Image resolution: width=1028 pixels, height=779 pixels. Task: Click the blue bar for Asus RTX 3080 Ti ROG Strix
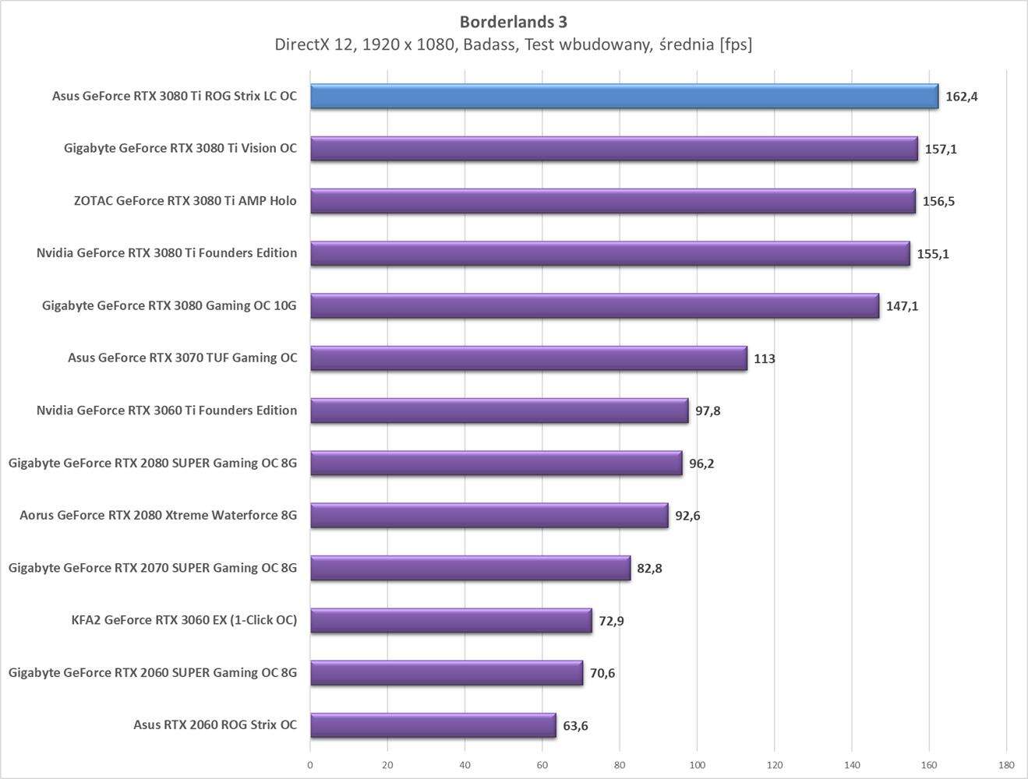[624, 97]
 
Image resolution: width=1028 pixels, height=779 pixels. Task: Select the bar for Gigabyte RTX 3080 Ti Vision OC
[613, 149]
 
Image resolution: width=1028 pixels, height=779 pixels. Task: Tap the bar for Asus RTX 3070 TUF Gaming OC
[528, 358]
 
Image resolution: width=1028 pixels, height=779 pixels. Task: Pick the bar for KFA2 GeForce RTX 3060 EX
[450, 620]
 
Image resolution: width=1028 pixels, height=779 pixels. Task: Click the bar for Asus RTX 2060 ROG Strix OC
[433, 725]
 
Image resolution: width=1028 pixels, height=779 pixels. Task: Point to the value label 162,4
[961, 97]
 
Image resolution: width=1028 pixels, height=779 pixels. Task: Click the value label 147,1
[902, 306]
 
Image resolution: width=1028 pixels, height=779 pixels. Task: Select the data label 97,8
[708, 411]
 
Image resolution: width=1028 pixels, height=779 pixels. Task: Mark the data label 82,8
[649, 568]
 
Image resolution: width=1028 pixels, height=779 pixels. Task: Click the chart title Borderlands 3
[514, 22]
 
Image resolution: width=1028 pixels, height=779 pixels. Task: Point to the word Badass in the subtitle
[489, 44]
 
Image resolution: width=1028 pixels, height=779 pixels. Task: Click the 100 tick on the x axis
[697, 765]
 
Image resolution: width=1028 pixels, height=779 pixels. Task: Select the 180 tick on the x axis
[1006, 765]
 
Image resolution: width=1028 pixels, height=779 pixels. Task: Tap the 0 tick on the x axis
[310, 765]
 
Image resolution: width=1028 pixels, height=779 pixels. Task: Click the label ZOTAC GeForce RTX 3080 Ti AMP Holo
[185, 201]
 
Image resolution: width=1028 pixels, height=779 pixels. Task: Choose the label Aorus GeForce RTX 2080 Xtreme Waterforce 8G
[158, 515]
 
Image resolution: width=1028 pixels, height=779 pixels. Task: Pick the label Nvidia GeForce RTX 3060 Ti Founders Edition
[166, 411]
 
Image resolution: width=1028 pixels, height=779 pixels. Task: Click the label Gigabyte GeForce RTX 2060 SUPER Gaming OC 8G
[153, 672]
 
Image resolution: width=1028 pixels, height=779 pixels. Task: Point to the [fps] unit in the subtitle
[736, 44]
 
